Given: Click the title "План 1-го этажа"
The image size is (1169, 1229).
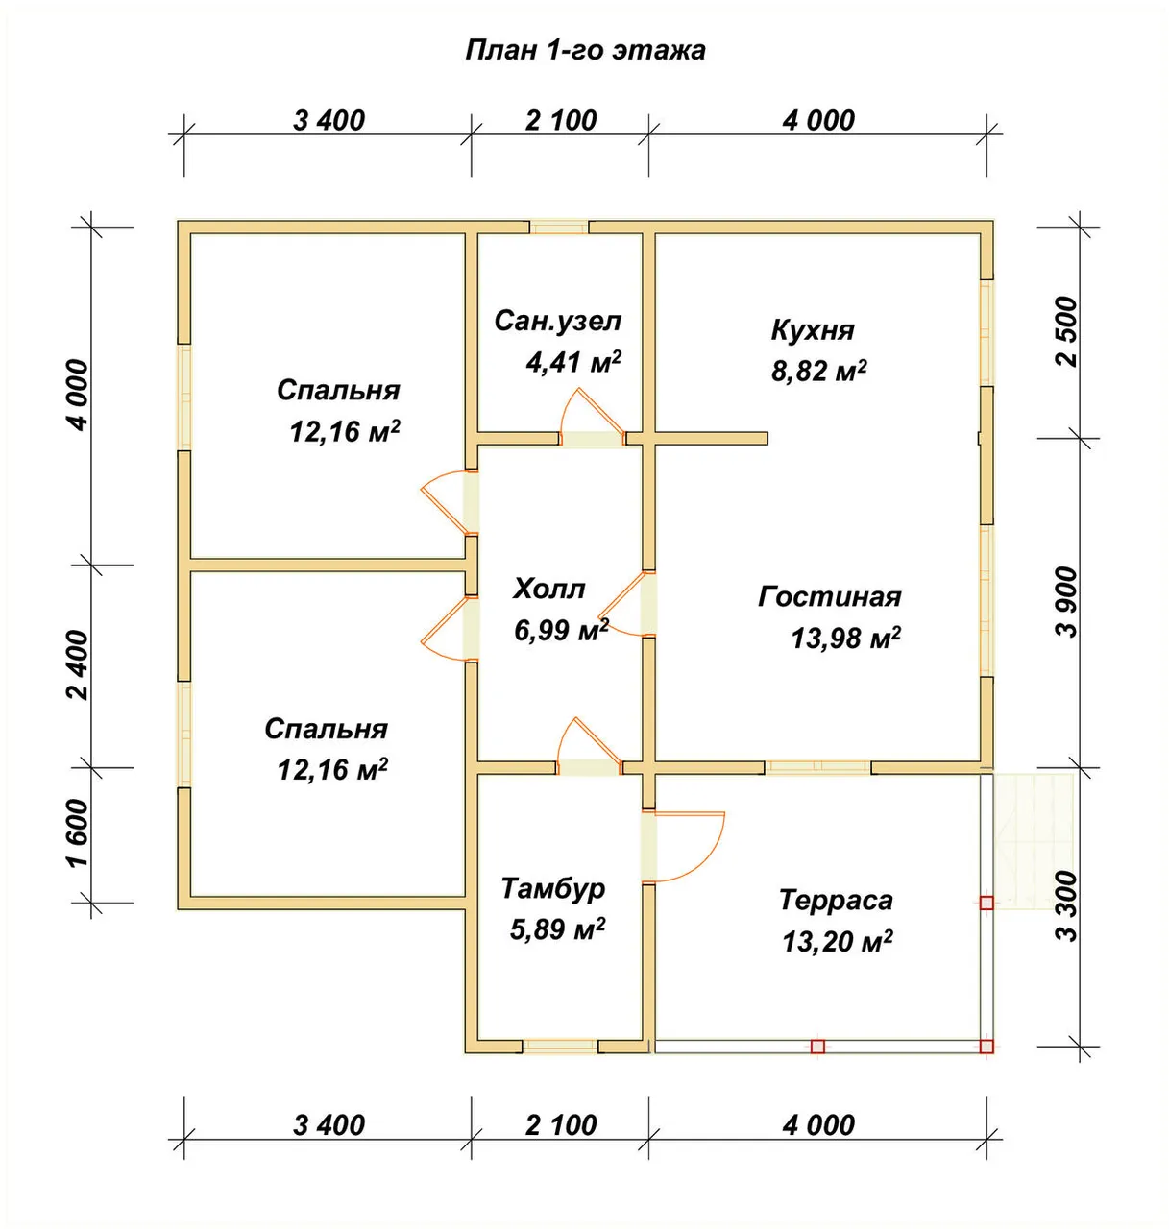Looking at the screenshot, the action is click(585, 50).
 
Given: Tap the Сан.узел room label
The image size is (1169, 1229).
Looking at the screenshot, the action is click(558, 322).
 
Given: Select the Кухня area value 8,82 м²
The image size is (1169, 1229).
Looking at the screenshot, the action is click(818, 371).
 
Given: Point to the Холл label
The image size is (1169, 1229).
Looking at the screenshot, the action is click(549, 589).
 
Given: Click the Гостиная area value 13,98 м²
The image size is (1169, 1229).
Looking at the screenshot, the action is click(845, 639).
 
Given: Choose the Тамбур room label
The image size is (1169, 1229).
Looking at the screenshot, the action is click(553, 889).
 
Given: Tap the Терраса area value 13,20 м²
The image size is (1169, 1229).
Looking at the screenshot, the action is click(837, 942).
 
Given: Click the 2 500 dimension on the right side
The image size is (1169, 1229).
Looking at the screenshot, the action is click(1066, 332).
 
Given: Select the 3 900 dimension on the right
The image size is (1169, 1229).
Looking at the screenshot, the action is click(1066, 602).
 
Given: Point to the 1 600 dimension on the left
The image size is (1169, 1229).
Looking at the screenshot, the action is click(80, 834).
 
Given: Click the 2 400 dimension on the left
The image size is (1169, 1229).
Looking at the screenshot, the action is click(80, 665).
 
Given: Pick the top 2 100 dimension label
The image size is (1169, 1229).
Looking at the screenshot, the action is click(561, 120).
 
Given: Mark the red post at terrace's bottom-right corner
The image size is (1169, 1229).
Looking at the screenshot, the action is click(986, 1047).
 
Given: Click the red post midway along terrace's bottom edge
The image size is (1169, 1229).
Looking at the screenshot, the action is click(817, 1047).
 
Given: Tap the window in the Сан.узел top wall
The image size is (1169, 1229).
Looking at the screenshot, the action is click(558, 227).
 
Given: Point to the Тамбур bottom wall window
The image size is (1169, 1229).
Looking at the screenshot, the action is click(560, 1047).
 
